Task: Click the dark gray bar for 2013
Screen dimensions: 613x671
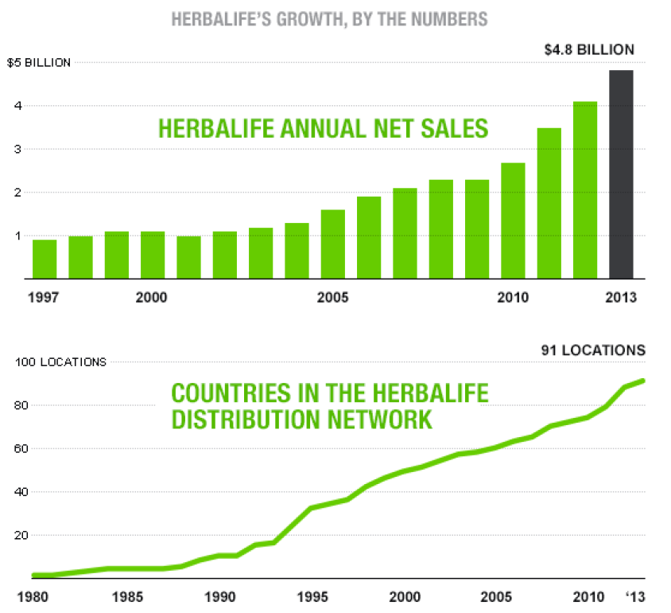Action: tap(621, 174)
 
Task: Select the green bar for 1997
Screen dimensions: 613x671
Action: tap(45, 260)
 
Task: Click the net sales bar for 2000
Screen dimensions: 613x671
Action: tap(153, 255)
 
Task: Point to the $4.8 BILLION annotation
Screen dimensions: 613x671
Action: tap(589, 49)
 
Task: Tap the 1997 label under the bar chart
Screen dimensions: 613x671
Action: tap(45, 299)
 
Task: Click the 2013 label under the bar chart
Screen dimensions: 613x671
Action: tap(620, 299)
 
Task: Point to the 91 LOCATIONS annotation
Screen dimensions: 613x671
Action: tap(594, 349)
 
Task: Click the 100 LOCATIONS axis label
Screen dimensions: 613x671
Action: tap(61, 362)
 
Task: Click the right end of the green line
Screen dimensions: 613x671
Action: tap(643, 381)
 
